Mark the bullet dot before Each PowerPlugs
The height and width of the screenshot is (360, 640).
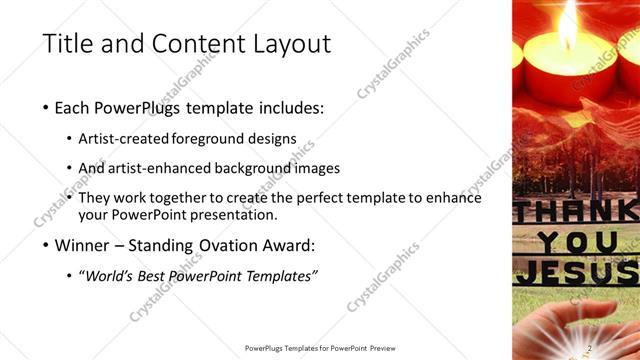click(x=47, y=108)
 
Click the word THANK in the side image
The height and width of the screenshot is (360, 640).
click(x=575, y=212)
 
